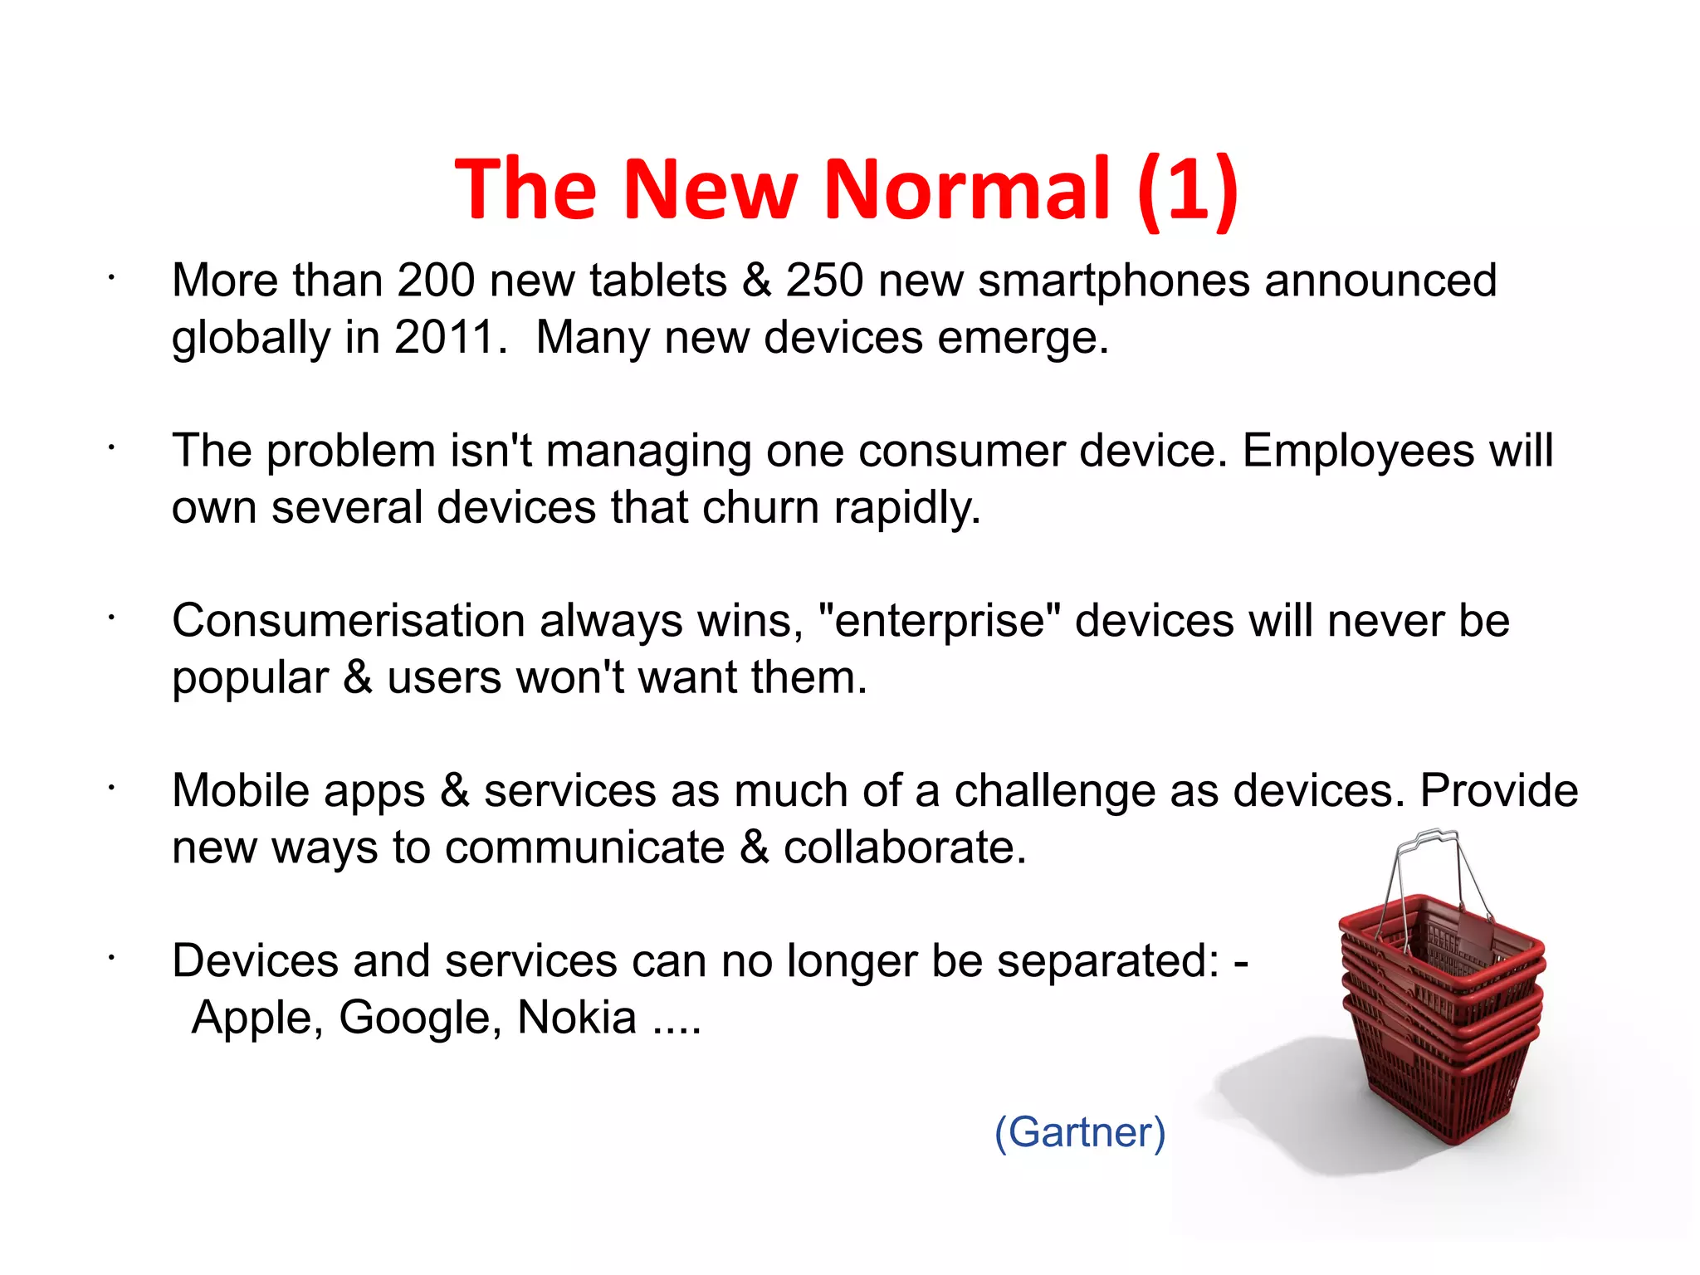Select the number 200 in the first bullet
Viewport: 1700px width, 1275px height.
[x=436, y=281]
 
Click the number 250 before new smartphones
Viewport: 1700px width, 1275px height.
[x=824, y=281]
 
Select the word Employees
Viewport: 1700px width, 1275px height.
[x=1356, y=452]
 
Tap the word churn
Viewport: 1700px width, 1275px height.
[x=760, y=508]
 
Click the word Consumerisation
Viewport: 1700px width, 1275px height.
[x=349, y=621]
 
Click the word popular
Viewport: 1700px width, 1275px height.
[x=251, y=679]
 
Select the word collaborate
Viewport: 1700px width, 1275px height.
[x=905, y=848]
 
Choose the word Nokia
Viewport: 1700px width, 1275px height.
[x=576, y=1018]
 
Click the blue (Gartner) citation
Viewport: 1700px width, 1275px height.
[x=1080, y=1132]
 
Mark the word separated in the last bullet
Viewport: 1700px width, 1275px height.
[x=1107, y=961]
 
